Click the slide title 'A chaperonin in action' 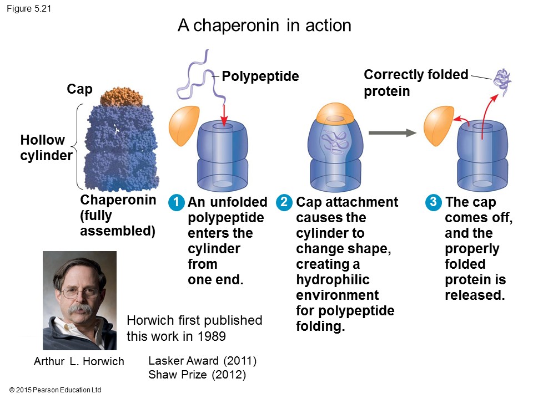point(264,25)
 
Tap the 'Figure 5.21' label point(28,8)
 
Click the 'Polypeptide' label point(260,76)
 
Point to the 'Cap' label point(79,89)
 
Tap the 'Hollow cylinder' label point(46,148)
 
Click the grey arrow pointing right point(392,132)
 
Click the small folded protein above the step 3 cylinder point(503,81)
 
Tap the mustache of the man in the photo point(81,308)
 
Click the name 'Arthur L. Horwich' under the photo point(79,362)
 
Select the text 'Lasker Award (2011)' point(202,361)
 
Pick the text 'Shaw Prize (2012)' point(197,375)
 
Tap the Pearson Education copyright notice point(56,390)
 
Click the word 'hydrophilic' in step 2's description point(333,279)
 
